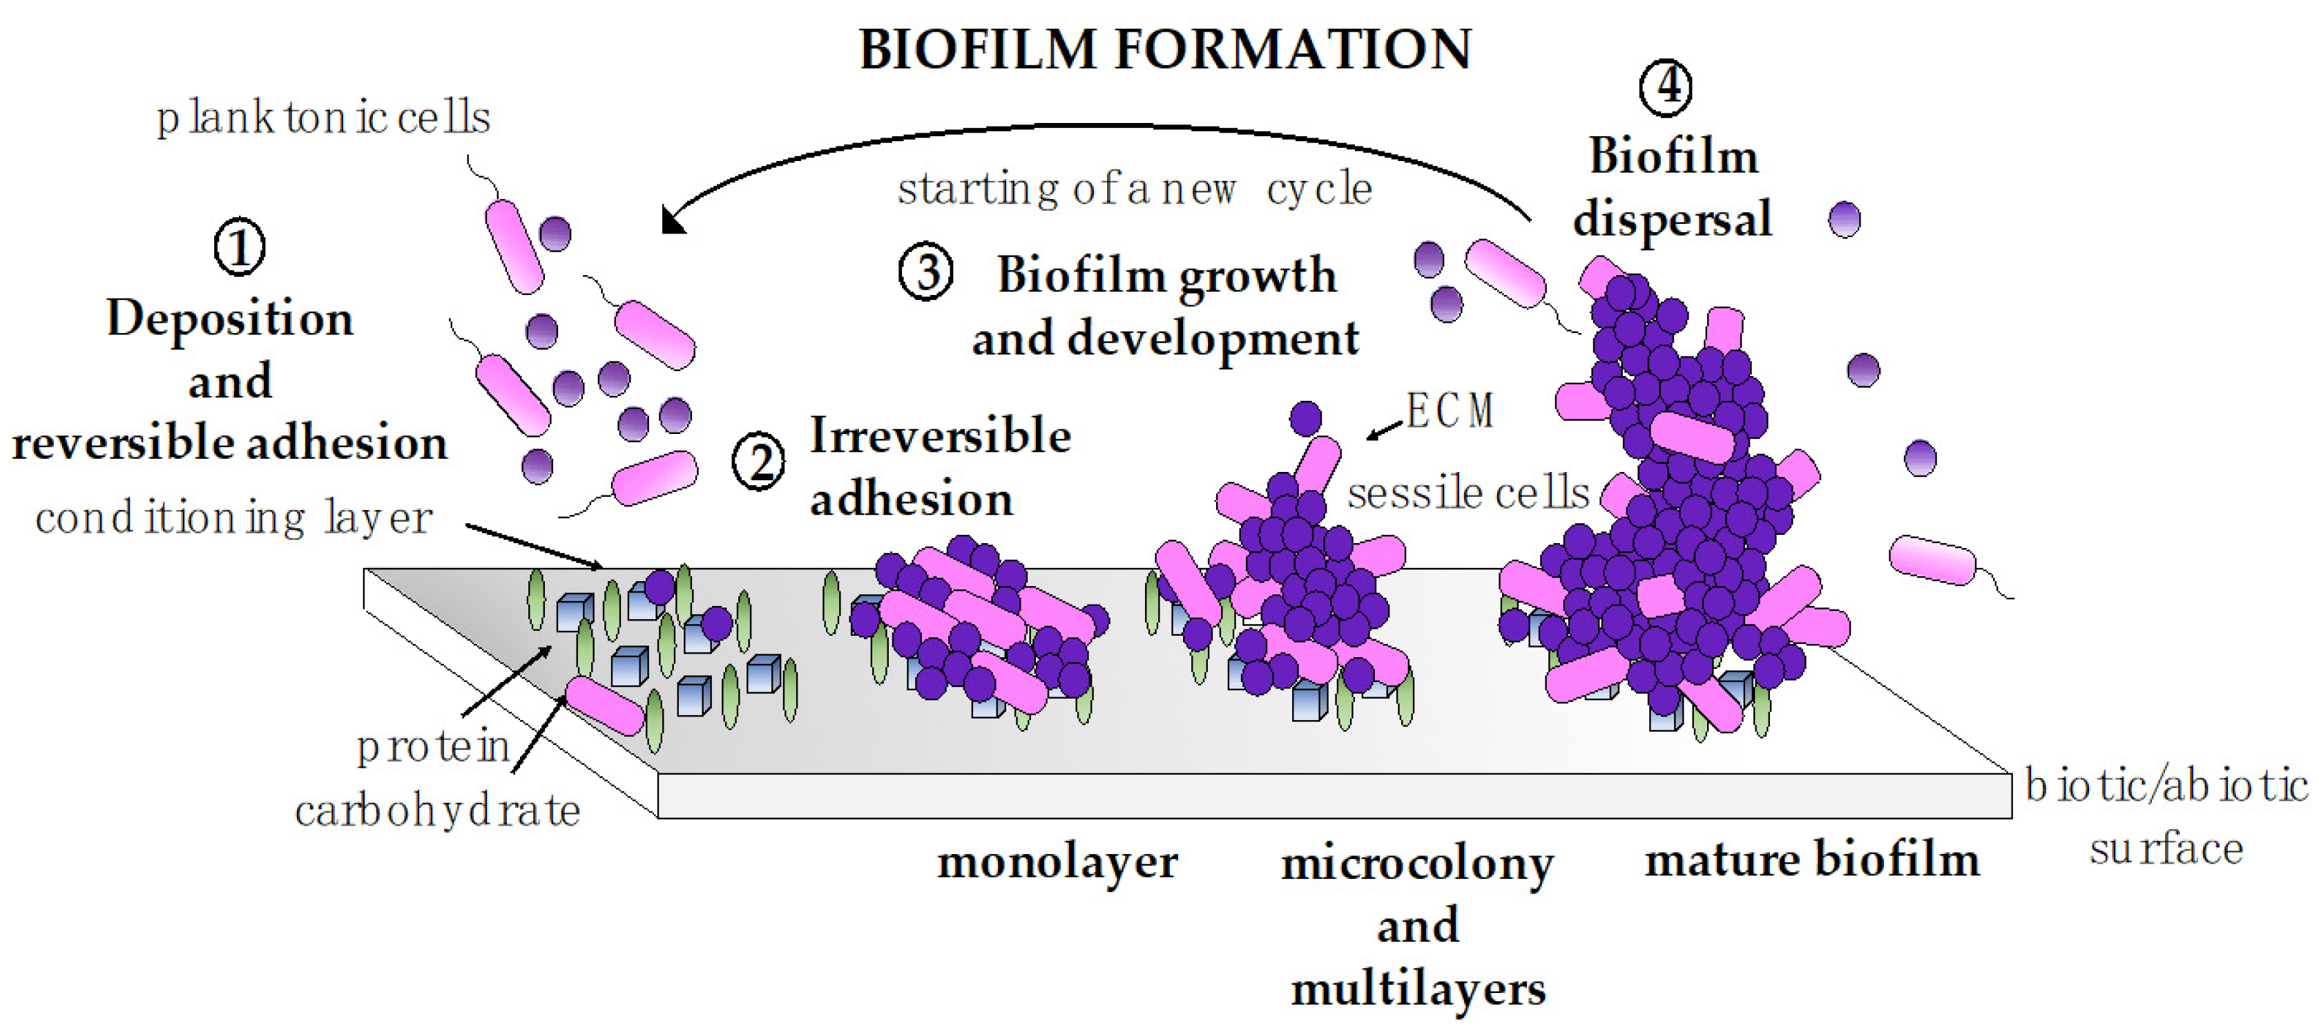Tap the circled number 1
coord(240,247)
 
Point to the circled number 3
coord(925,273)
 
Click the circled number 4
coord(1664,87)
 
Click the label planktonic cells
coord(323,118)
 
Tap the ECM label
coord(1450,410)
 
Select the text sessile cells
coord(1468,493)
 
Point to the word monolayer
coord(1057,862)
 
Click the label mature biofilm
coord(1811,859)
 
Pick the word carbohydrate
coord(438,811)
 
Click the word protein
coord(433,746)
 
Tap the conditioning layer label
coord(234,518)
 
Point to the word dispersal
coord(1672,219)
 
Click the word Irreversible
coord(941,436)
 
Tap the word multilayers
coord(1418,990)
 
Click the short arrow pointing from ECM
coord(1385,431)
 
